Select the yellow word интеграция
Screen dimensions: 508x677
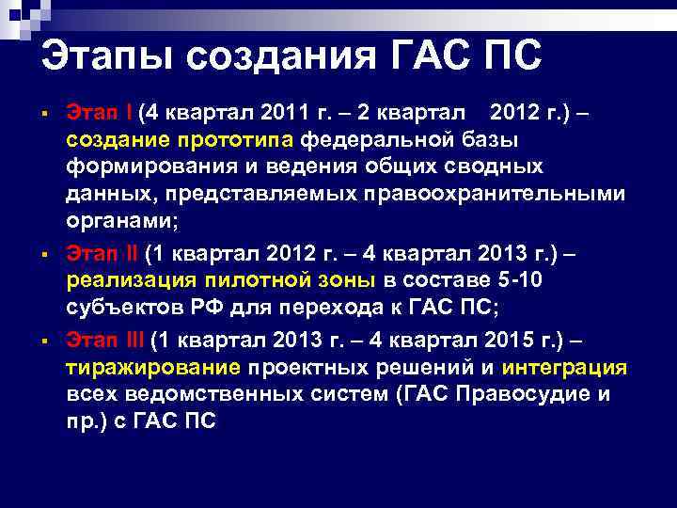click(x=564, y=367)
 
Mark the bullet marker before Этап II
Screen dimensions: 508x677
click(x=45, y=255)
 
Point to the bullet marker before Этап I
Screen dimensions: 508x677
click(x=45, y=115)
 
